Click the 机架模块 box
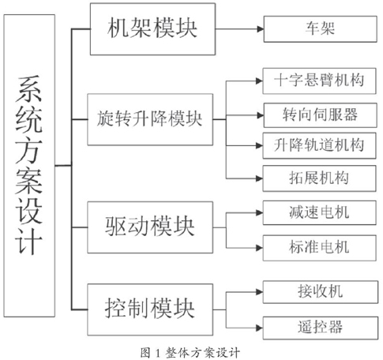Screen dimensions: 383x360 [152, 29]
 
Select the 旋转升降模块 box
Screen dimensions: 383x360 [150, 119]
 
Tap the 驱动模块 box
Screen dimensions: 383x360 [150, 227]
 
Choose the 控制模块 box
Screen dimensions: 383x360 [150, 309]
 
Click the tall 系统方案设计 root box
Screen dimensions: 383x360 [29, 166]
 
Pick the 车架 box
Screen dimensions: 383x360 [321, 29]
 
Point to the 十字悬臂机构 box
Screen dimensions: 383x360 [319, 81]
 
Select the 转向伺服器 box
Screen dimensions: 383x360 [321, 115]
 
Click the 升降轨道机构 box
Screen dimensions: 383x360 [319, 146]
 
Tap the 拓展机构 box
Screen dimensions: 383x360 [319, 178]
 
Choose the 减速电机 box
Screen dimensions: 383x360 [319, 212]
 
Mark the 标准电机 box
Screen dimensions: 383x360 [319, 248]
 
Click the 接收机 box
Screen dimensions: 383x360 [321, 292]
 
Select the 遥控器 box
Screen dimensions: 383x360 [321, 328]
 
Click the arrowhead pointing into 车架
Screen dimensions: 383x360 [260, 29]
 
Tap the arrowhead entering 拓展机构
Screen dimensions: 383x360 [259, 178]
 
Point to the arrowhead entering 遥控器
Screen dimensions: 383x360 [259, 328]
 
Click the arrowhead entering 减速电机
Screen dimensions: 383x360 [259, 212]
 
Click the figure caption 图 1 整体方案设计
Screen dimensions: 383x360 [190, 352]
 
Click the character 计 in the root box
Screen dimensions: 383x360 [29, 242]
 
